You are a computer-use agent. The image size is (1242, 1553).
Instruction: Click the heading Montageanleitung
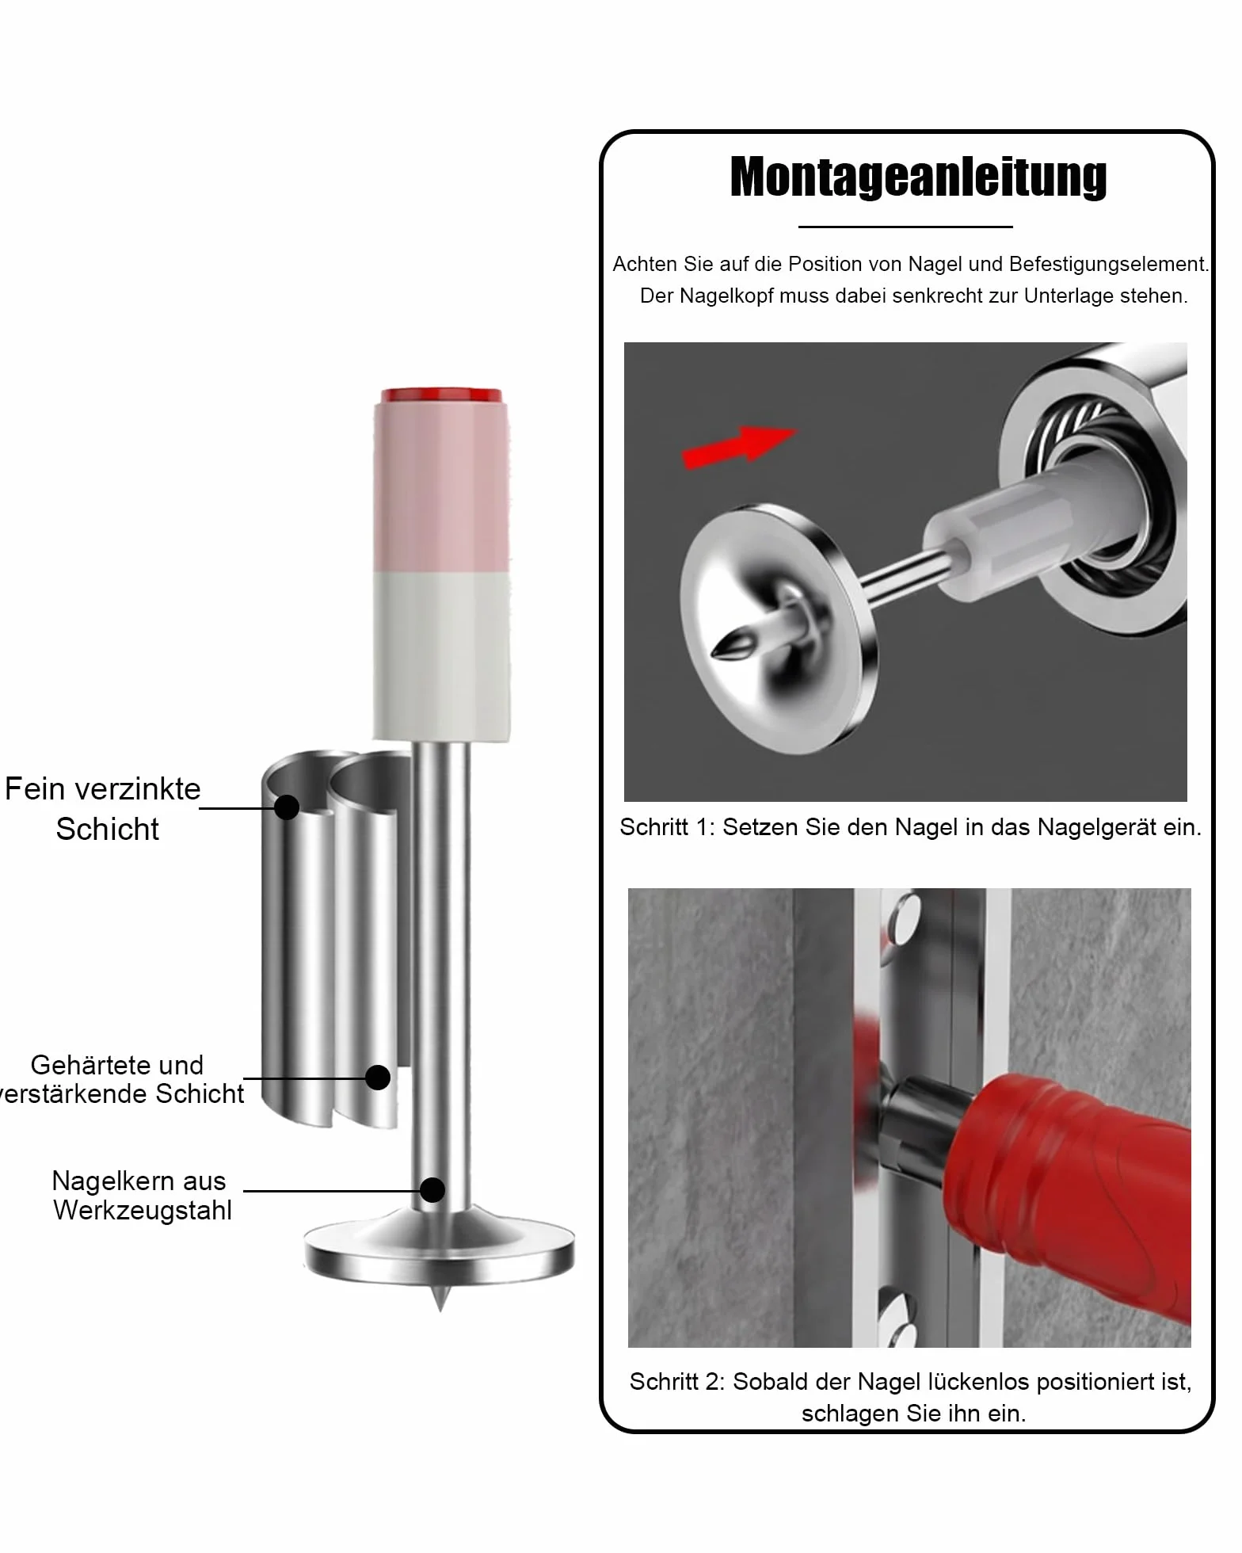(x=918, y=177)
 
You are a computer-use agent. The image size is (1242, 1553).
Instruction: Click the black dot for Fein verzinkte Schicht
(x=287, y=807)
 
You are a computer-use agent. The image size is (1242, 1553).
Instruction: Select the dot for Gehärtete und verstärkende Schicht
(x=378, y=1078)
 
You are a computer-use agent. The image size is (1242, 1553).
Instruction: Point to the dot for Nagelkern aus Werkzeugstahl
(x=432, y=1189)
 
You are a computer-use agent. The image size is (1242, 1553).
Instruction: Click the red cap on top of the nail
(x=441, y=395)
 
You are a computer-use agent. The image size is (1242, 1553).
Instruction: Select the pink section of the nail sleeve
(x=441, y=487)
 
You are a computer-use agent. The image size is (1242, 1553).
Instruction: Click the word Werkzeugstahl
(x=143, y=1211)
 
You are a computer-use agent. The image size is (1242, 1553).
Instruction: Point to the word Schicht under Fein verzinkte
(x=108, y=829)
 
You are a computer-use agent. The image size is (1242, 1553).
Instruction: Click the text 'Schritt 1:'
(x=668, y=827)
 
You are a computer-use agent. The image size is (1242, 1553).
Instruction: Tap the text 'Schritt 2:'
(x=677, y=1382)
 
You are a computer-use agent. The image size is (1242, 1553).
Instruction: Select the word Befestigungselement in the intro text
(x=1109, y=265)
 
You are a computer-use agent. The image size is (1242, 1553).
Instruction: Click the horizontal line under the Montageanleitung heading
(x=905, y=227)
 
